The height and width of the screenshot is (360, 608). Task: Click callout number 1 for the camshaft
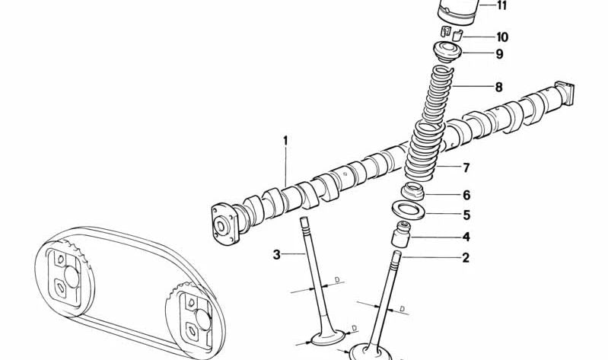286,140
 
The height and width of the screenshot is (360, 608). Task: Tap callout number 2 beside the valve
466,258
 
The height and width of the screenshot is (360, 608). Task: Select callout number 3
277,254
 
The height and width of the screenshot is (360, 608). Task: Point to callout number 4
466,237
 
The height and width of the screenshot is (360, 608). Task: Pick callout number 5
466,215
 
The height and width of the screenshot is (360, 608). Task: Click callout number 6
466,196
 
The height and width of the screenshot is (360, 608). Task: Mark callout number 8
498,88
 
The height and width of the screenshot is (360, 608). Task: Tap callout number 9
499,54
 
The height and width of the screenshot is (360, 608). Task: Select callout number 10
501,37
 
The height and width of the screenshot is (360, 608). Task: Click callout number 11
501,6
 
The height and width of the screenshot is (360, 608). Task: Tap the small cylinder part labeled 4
402,235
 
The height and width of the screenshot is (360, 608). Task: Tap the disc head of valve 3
329,336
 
